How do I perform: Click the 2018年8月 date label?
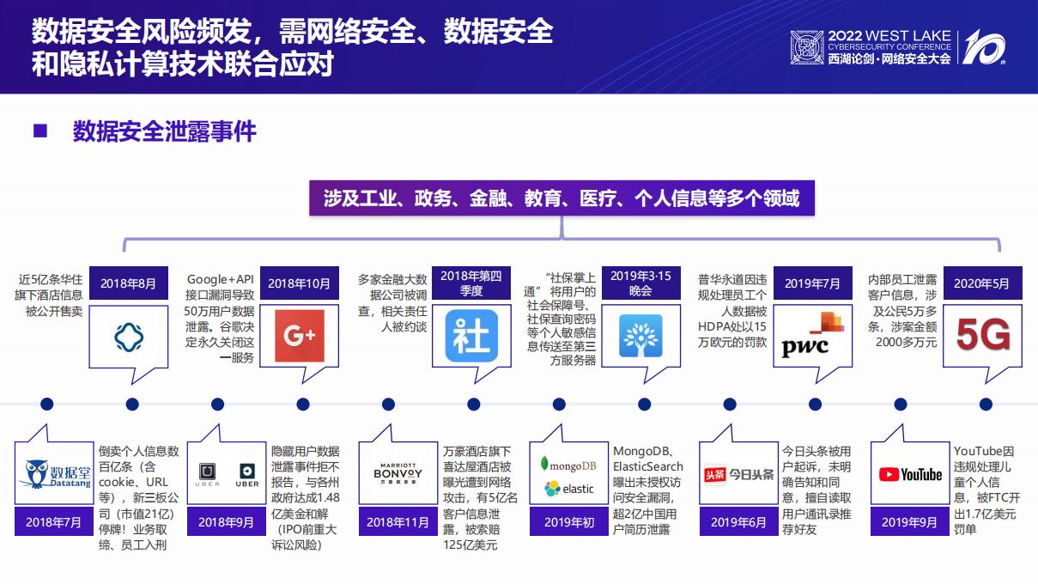tap(129, 283)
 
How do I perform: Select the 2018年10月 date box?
tap(299, 283)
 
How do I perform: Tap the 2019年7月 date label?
tap(812, 283)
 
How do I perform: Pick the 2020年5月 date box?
tap(983, 283)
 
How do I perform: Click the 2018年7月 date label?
tap(55, 521)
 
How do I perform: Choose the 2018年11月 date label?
tap(398, 521)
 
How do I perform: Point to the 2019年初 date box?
tap(569, 521)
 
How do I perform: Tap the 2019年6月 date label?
tap(738, 521)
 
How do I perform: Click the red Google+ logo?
tap(299, 336)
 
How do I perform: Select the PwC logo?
tap(812, 336)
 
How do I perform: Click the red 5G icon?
tap(983, 336)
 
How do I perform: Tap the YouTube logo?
tap(910, 474)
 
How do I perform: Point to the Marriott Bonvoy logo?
tap(398, 474)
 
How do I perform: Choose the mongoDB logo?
tap(568, 465)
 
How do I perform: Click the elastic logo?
tap(568, 489)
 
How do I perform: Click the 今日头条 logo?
tap(738, 474)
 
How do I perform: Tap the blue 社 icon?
tap(471, 336)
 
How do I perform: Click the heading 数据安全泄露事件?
tap(164, 132)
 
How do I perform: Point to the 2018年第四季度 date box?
tap(471, 283)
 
